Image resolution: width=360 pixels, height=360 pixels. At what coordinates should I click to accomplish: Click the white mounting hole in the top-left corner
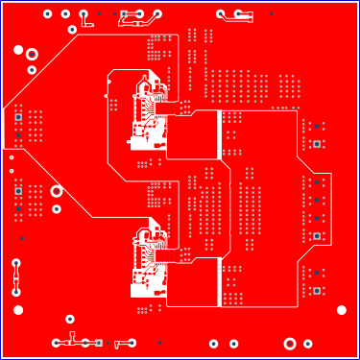17,50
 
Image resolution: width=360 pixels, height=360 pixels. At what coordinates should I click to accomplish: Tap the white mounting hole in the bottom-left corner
18,309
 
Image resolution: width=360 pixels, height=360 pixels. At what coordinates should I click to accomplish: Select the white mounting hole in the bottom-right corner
341,309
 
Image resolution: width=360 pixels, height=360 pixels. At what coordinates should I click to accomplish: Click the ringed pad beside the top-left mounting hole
32,54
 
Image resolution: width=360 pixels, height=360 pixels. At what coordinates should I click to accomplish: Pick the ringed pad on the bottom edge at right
290,343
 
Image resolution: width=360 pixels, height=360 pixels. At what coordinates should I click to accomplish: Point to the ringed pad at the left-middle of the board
57,191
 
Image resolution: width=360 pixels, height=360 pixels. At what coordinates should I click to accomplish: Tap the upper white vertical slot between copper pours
222,134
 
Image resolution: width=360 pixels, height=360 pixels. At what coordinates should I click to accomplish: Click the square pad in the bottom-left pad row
98,343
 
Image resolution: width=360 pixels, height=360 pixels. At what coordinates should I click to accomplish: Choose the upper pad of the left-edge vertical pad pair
16,262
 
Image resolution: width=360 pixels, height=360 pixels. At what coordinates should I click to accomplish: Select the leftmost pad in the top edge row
48,14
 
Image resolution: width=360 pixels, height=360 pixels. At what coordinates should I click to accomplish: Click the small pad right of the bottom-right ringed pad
308,343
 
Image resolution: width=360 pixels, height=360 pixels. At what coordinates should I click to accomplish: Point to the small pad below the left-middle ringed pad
57,208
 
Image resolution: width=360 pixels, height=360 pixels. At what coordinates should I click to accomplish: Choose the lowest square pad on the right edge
316,291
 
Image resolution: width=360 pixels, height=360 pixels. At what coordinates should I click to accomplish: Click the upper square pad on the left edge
18,117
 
